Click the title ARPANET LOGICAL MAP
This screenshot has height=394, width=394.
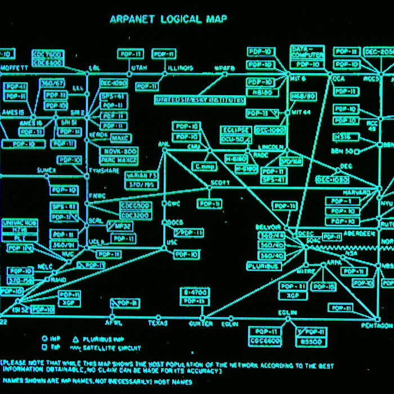[x=168, y=20]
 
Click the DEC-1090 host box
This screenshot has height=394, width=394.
[x=114, y=83]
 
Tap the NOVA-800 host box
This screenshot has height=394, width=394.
[x=119, y=151]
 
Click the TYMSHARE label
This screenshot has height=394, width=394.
[x=103, y=171]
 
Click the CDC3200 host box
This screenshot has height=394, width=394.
[x=135, y=215]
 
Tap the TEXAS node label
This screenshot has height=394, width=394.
[x=158, y=323]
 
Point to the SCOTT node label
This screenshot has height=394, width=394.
[x=221, y=183]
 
